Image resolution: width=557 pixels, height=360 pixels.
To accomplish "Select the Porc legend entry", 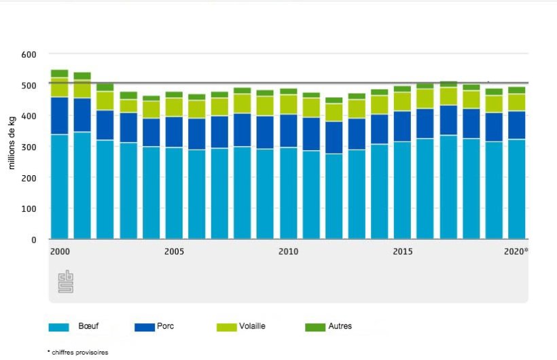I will pos(155,327).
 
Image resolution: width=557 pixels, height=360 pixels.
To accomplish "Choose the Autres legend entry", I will pos(329,327).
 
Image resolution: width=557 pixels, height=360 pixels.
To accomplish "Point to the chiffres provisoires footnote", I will pos(77,353).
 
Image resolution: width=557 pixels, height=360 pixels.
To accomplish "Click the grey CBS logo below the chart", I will pos(65,281).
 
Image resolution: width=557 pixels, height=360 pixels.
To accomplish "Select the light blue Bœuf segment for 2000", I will pos(59,187).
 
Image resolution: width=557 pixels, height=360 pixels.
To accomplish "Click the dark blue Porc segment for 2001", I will pos(82,115).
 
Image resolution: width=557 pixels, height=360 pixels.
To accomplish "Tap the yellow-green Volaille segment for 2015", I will pos(403,101).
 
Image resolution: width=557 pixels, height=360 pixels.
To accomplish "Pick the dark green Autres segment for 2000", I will pos(59,73).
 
